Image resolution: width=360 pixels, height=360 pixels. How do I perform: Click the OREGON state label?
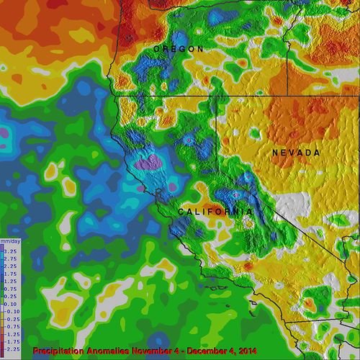pos(178,49)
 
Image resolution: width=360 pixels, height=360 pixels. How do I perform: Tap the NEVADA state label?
pos(296,153)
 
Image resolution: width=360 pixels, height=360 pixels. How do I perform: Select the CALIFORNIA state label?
pos(215,212)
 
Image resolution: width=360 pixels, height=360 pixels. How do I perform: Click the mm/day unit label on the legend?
pos(9,240)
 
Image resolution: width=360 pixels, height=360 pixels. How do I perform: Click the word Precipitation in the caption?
pos(60,351)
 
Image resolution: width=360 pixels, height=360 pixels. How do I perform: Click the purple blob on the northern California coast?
pos(150,162)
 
